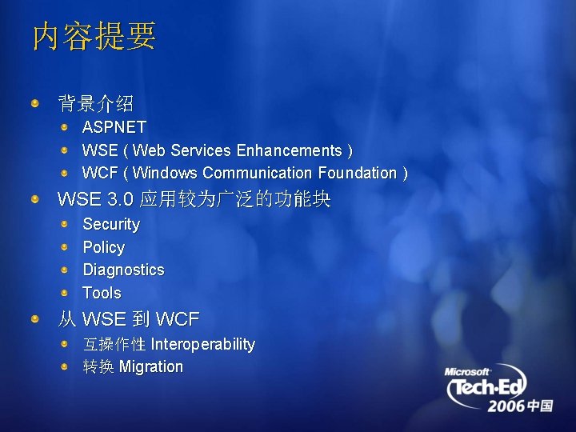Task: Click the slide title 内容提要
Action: pyautogui.click(x=94, y=36)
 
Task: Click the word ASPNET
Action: pyautogui.click(x=114, y=127)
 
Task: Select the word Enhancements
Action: pyautogui.click(x=290, y=150)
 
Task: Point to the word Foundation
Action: pyautogui.click(x=358, y=173)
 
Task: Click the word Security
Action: pyautogui.click(x=111, y=225)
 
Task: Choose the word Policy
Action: pyautogui.click(x=104, y=247)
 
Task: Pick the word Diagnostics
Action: pyautogui.click(x=123, y=270)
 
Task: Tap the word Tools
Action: pyautogui.click(x=102, y=293)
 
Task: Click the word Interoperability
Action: pyautogui.click(x=202, y=345)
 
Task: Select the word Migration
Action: pyautogui.click(x=151, y=367)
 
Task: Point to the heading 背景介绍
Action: pyautogui.click(x=95, y=103)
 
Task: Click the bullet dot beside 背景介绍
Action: pyautogui.click(x=35, y=103)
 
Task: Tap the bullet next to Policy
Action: pyautogui.click(x=64, y=247)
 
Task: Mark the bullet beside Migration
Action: pyautogui.click(x=64, y=366)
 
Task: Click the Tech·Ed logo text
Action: pyautogui.click(x=487, y=387)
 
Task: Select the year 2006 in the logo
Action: pyautogui.click(x=506, y=406)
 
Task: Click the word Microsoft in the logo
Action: pyautogui.click(x=466, y=372)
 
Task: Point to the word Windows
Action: pyautogui.click(x=165, y=173)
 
